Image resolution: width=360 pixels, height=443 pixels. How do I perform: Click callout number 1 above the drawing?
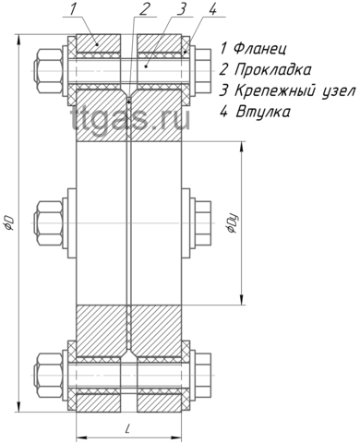(x=73, y=9)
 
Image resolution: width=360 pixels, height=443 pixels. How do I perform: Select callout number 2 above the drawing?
(x=143, y=9)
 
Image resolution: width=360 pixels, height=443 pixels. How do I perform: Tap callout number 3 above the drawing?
(x=182, y=9)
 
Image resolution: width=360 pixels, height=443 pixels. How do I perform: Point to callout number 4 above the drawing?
(x=212, y=9)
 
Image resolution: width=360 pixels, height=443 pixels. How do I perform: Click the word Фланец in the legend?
(x=260, y=49)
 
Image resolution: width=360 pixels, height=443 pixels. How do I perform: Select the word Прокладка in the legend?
(x=272, y=70)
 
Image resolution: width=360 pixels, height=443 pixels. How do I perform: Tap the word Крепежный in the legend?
(x=276, y=91)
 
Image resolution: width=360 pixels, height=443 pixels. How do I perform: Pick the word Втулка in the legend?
(x=263, y=112)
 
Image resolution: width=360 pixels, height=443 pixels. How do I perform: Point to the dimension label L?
(x=127, y=428)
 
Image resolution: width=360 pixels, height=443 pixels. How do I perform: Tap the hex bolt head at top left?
(x=49, y=71)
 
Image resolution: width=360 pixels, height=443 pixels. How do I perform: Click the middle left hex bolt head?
(x=49, y=222)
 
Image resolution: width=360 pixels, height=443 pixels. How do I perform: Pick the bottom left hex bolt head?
(x=49, y=375)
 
